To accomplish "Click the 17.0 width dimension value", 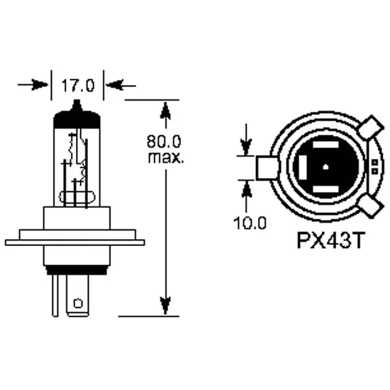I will tap(78, 86).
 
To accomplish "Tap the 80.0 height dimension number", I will tap(165, 140).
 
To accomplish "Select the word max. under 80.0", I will tap(166, 157).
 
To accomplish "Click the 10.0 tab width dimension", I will tap(250, 223).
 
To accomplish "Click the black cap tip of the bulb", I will tap(78, 108).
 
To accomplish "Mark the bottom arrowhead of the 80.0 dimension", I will tap(165, 305).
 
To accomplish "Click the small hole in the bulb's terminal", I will tap(77, 303).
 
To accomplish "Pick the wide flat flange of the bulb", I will tap(74, 242).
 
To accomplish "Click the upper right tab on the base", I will tap(368, 130).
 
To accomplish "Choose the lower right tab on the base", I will tap(369, 207).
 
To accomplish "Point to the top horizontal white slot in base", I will tap(324, 145).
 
